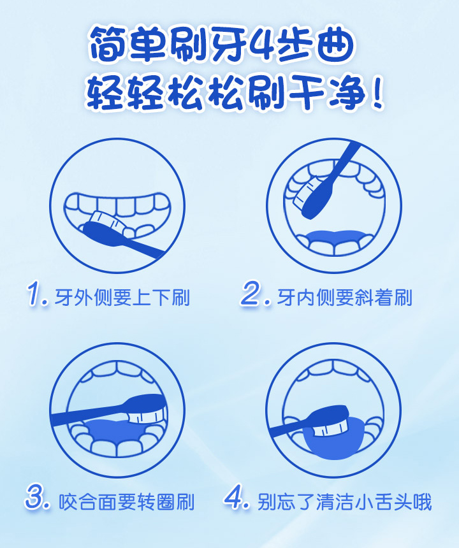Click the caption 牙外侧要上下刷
[122, 298]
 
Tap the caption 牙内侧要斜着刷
[345, 298]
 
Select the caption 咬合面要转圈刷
[126, 502]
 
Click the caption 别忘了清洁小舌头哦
[345, 502]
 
